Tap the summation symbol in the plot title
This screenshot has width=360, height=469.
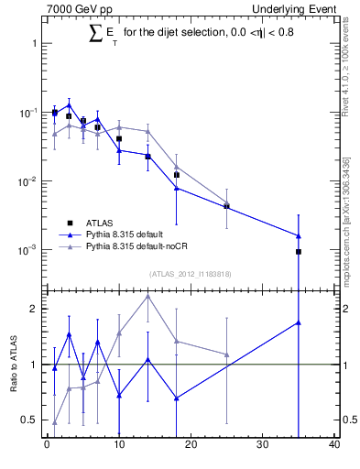point(95,33)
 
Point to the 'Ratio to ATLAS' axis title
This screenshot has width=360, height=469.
point(16,364)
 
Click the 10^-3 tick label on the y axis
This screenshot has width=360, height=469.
point(27,250)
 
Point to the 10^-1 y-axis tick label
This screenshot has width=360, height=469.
point(27,113)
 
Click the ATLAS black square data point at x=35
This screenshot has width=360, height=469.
point(299,251)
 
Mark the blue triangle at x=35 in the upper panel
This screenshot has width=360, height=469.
point(299,235)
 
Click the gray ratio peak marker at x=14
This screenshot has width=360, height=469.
point(147,296)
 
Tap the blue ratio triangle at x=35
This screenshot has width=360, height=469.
point(299,322)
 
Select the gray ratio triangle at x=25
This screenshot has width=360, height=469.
point(226,354)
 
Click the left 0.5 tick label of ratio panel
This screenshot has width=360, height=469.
point(31,420)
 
